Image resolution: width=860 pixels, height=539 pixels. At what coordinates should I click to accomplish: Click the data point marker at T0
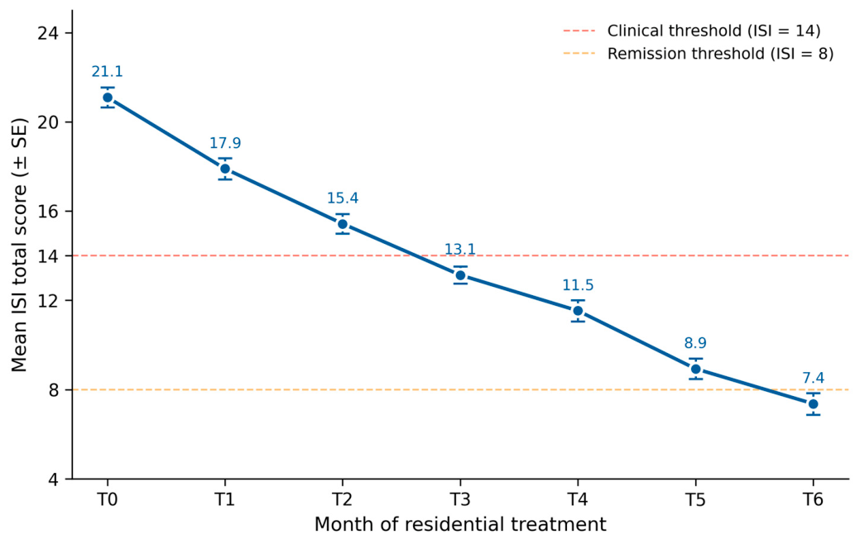click(108, 98)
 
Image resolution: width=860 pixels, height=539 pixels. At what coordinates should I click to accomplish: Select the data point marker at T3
click(460, 275)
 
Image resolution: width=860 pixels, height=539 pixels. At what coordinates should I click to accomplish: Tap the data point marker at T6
click(813, 404)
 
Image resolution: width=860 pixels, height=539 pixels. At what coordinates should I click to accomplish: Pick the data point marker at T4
click(578, 311)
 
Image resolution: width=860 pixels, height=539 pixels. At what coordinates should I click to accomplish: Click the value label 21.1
click(108, 72)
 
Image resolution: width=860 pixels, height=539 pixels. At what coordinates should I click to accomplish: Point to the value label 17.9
click(225, 143)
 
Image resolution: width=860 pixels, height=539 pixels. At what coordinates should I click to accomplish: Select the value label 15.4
click(343, 198)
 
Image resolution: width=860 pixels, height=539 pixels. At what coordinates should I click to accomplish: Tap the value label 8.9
click(695, 343)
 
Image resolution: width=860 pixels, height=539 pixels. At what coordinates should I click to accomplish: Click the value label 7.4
click(813, 379)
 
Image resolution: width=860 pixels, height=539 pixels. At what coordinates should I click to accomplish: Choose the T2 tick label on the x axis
click(343, 499)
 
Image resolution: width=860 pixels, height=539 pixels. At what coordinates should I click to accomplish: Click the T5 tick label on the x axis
click(695, 499)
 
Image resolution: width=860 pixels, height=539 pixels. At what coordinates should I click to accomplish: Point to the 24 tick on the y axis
click(47, 33)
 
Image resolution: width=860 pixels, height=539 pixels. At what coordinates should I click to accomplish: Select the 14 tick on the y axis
click(47, 255)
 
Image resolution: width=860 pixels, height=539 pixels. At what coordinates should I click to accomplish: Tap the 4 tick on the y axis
click(53, 479)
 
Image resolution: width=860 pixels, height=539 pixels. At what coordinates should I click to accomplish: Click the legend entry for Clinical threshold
click(692, 31)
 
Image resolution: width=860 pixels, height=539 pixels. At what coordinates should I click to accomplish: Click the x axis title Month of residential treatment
click(460, 524)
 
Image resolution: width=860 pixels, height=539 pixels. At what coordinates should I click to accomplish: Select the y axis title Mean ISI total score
click(20, 245)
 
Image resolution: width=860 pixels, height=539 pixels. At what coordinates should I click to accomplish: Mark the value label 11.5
click(578, 285)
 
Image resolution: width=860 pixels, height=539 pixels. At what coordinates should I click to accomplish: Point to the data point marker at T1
click(225, 169)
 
